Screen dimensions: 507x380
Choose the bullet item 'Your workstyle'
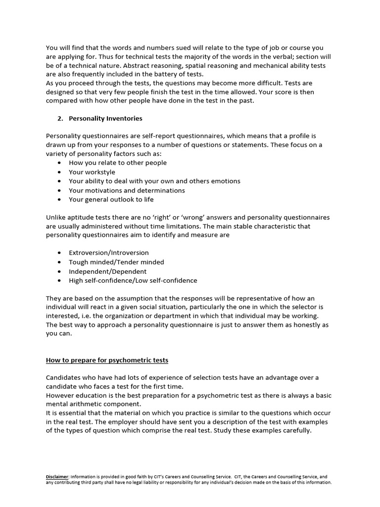click(x=92, y=172)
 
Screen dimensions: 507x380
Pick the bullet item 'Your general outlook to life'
click(x=111, y=200)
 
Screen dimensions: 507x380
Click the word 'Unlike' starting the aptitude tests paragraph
click(x=56, y=217)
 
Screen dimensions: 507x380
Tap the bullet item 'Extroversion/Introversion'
click(x=109, y=253)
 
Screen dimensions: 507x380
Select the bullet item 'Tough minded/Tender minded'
click(x=116, y=262)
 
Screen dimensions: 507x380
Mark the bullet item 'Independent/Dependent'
click(x=107, y=271)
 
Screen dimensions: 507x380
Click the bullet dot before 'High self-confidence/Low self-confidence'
click(x=60, y=281)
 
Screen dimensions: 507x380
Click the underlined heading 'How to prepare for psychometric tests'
click(x=107, y=360)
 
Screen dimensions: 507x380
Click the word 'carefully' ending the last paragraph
click(x=295, y=430)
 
